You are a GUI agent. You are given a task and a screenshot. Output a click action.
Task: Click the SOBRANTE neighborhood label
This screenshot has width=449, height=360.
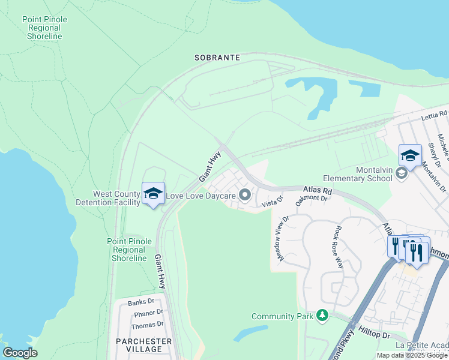(217, 58)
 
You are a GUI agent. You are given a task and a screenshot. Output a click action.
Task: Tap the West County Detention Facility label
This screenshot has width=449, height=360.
(116, 198)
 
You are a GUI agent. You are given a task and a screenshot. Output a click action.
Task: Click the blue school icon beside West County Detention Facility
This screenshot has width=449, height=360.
(154, 193)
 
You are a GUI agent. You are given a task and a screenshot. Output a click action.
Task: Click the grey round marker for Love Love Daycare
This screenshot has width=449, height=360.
(245, 194)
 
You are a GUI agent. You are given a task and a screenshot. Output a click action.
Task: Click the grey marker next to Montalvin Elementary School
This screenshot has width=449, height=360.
(402, 173)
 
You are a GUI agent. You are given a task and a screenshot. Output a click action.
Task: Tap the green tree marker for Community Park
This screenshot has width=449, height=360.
(323, 315)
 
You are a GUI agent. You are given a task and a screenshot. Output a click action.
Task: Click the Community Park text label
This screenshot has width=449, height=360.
(283, 316)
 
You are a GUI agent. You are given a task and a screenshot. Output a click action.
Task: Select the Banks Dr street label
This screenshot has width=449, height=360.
(141, 302)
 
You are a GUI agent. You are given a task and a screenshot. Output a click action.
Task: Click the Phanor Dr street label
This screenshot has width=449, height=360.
(148, 313)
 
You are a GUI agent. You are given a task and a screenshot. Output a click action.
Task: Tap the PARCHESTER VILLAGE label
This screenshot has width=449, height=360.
(144, 345)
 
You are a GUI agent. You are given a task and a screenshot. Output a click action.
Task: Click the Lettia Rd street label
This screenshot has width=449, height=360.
(433, 114)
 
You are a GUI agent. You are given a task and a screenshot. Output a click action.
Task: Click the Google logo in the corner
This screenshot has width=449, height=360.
(20, 352)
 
